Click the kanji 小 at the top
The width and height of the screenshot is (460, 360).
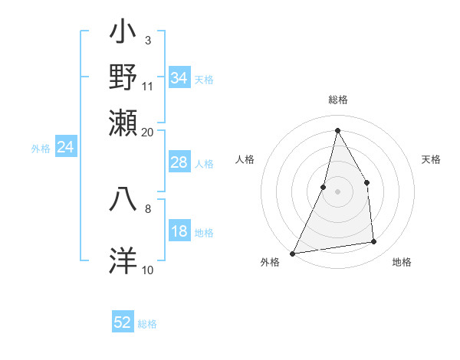pyautogui.click(x=123, y=35)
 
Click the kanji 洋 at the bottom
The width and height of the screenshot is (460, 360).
pyautogui.click(x=123, y=260)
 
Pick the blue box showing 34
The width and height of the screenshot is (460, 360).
pyautogui.click(x=179, y=78)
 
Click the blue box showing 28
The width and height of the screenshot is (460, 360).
pyautogui.click(x=179, y=162)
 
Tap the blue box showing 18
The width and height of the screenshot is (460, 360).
pyautogui.click(x=179, y=232)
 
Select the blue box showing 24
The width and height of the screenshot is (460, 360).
pyautogui.click(x=65, y=148)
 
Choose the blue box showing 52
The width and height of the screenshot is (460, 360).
pyautogui.click(x=123, y=322)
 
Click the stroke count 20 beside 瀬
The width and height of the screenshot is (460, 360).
pyautogui.click(x=148, y=131)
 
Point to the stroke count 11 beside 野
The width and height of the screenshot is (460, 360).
pyautogui.click(x=148, y=86)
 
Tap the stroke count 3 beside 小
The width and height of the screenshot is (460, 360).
pyautogui.click(x=147, y=40)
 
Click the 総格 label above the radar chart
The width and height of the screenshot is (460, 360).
pyautogui.click(x=337, y=100)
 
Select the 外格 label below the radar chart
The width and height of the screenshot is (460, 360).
pyautogui.click(x=270, y=263)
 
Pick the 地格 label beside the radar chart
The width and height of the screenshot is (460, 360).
pyautogui.click(x=402, y=263)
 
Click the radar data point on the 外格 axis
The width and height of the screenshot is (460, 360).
pyautogui.click(x=293, y=253)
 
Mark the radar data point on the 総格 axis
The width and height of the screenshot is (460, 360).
pyautogui.click(x=337, y=129)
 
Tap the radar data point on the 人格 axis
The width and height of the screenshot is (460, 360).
pyautogui.click(x=324, y=187)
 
